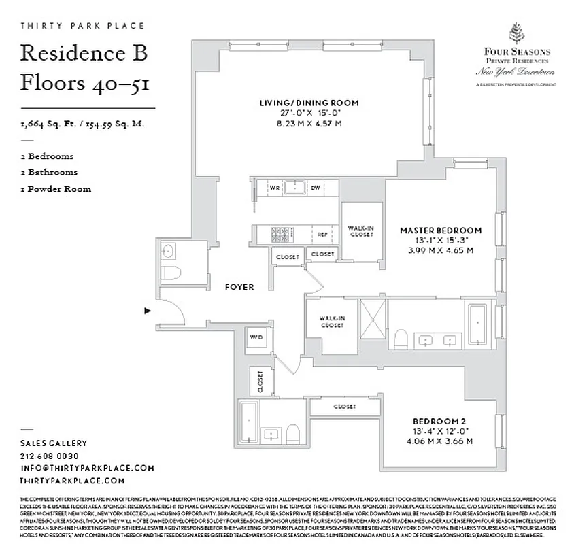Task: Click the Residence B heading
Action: [x=84, y=52]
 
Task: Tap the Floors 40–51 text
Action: [x=84, y=83]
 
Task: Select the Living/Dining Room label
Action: [x=309, y=103]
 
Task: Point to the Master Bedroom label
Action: [x=440, y=231]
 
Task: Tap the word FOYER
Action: [x=239, y=287]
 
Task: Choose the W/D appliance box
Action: [x=256, y=337]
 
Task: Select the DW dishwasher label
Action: [x=316, y=187]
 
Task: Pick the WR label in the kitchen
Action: [x=275, y=187]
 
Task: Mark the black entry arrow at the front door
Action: [x=147, y=311]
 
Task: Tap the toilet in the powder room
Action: [x=172, y=273]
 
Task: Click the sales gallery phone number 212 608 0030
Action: [x=50, y=456]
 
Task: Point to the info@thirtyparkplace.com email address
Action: [x=87, y=468]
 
